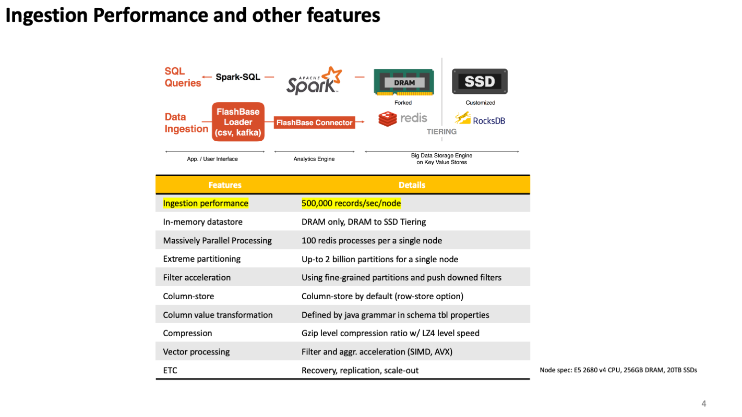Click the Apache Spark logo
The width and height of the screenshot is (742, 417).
[x=314, y=81]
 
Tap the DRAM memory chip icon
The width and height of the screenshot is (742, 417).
[x=404, y=82]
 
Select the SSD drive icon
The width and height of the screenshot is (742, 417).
[x=480, y=81]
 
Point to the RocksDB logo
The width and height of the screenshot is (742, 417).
[x=480, y=119]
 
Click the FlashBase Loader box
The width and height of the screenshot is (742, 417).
[x=238, y=122]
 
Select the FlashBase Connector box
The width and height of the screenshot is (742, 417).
[x=314, y=122]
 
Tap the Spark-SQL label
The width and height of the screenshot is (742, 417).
[x=238, y=77]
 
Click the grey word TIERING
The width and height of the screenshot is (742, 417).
[x=441, y=131]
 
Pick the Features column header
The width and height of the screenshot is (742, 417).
[x=225, y=185]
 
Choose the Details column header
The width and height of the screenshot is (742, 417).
[x=412, y=185]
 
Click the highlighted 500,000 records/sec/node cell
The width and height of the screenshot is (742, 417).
[x=351, y=203]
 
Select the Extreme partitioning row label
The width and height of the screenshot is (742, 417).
[x=202, y=259]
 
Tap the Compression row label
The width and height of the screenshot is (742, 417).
[x=187, y=333]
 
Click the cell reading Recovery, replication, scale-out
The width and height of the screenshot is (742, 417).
[x=360, y=370]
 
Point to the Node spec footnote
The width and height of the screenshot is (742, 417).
[x=618, y=370]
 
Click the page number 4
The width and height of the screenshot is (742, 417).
[x=703, y=403]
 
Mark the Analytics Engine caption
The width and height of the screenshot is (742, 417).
[x=314, y=159]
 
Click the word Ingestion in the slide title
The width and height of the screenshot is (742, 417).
[x=46, y=16]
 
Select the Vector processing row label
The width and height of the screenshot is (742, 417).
[x=196, y=351]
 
